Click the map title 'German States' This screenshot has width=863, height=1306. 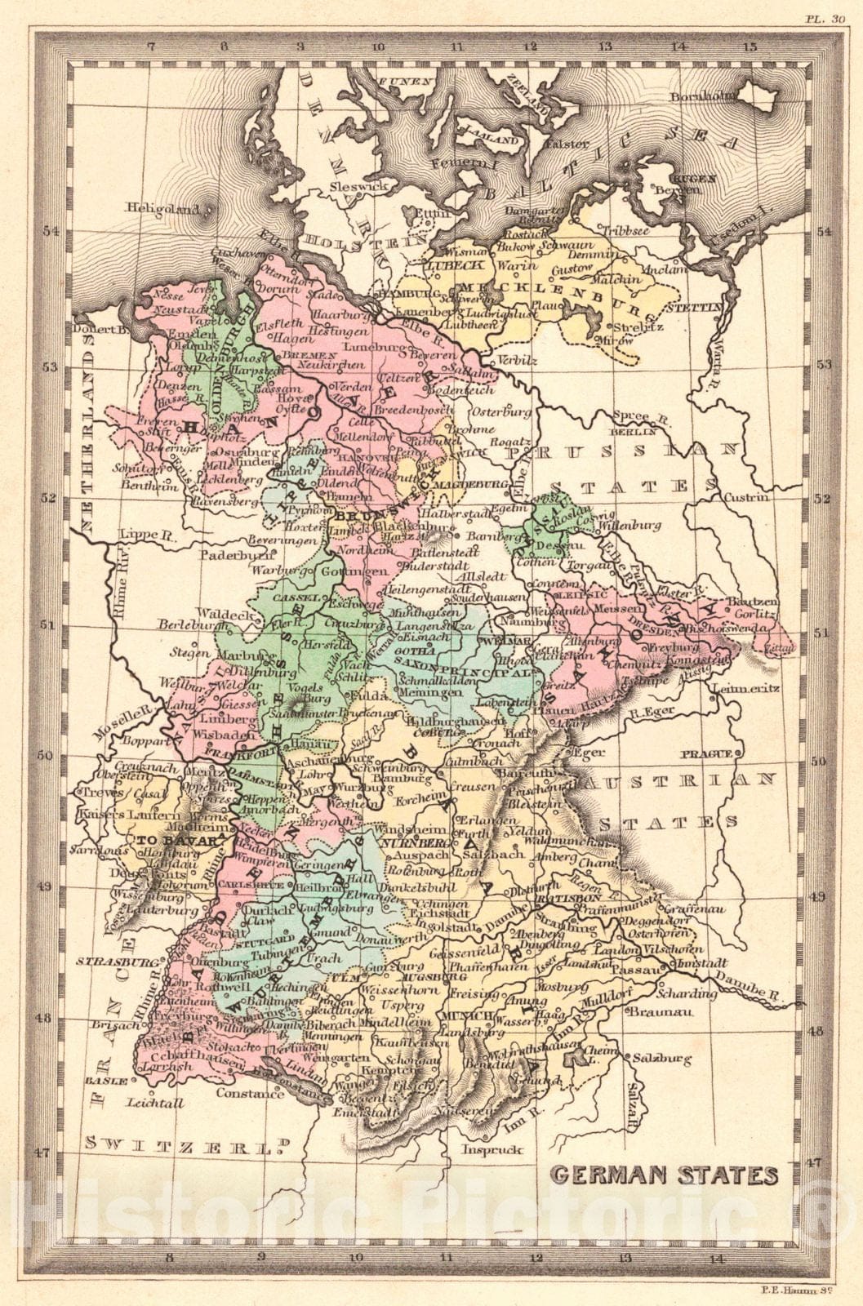[x=664, y=1175]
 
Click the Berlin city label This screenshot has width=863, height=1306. [x=633, y=431]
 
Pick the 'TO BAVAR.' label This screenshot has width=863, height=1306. [x=168, y=840]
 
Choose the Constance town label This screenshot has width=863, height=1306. [x=251, y=1093]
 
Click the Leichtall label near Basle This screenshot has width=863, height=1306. [x=155, y=1102]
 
